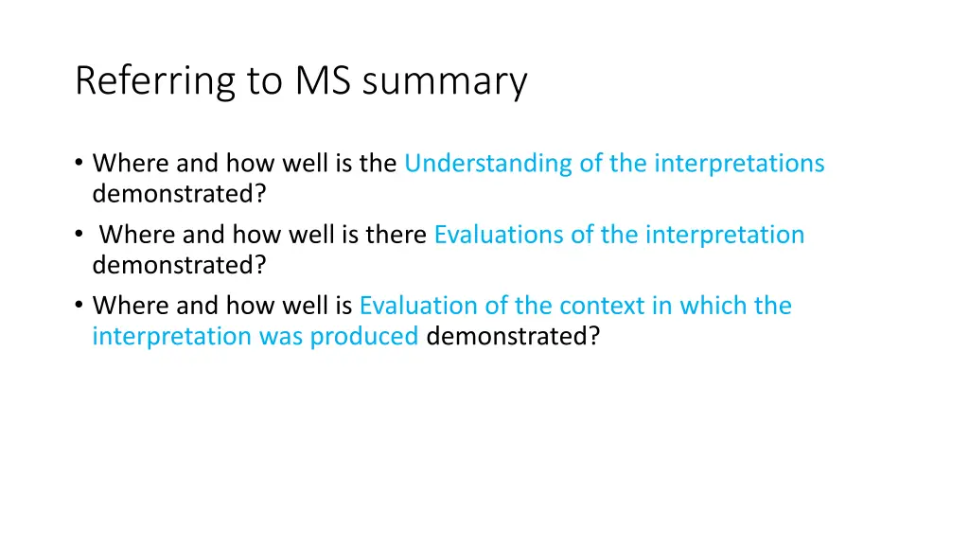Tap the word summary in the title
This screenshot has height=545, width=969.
pyautogui.click(x=444, y=81)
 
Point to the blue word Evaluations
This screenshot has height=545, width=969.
pyautogui.click(x=498, y=235)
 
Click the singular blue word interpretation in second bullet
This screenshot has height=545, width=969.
pyautogui.click(x=725, y=235)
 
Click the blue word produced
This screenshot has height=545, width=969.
pyautogui.click(x=363, y=336)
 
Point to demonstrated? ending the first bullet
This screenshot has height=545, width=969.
pyautogui.click(x=179, y=194)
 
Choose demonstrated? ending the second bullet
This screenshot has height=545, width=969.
pyautogui.click(x=179, y=265)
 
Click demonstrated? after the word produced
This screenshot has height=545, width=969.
pyautogui.click(x=513, y=336)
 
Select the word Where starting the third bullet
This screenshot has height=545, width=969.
pyautogui.click(x=130, y=306)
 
